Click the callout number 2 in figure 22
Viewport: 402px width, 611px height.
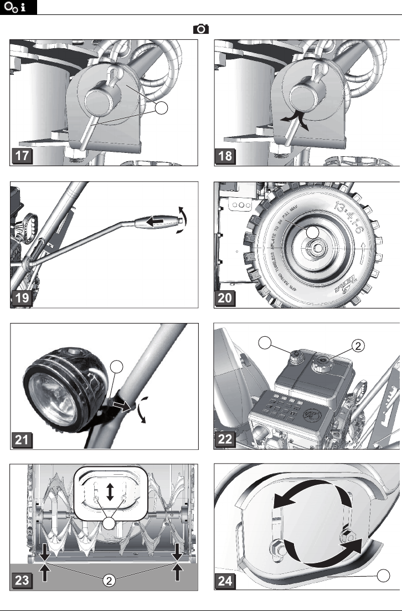358,346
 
